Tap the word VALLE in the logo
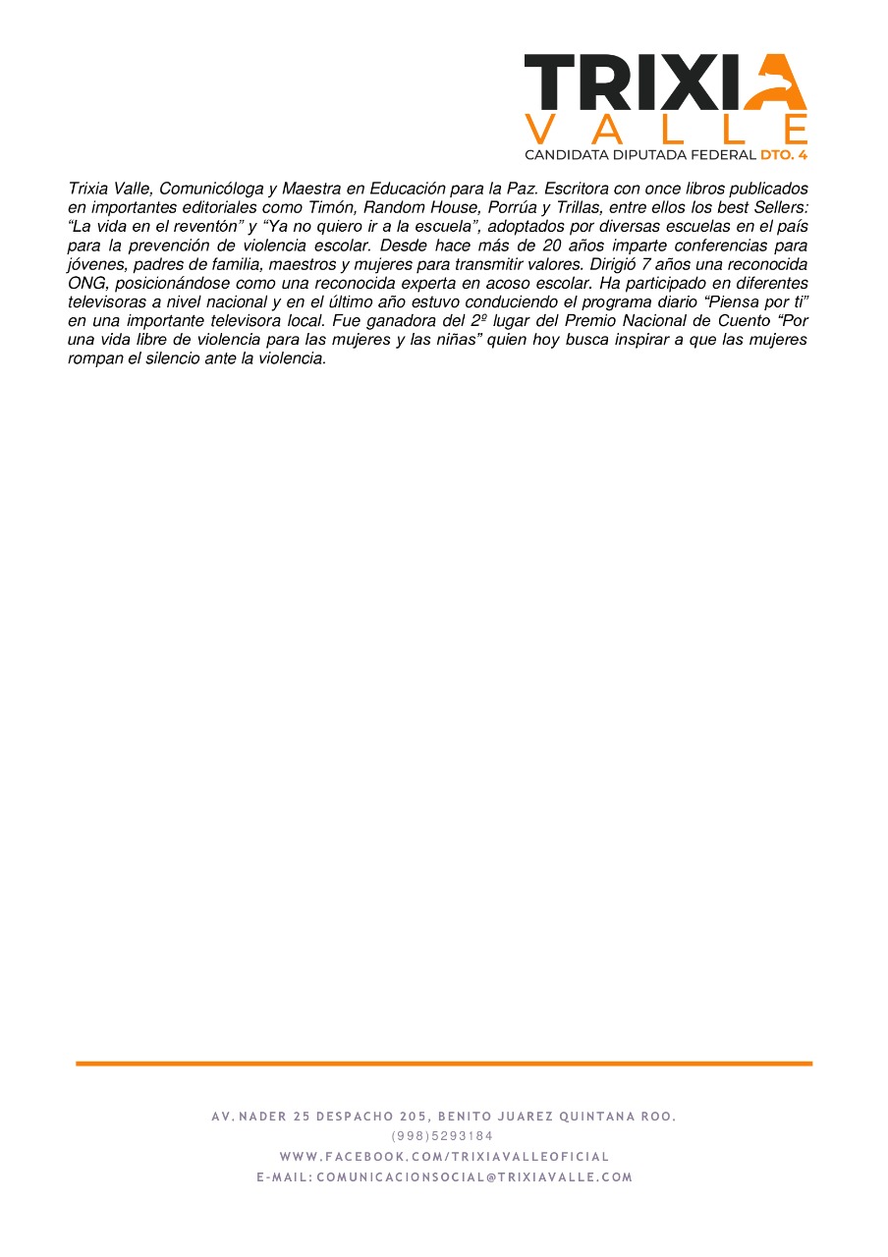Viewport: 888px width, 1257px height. [667, 130]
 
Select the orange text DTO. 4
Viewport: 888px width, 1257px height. [783, 155]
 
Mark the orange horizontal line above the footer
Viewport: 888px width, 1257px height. [444, 1064]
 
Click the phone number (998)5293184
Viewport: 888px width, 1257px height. [443, 1136]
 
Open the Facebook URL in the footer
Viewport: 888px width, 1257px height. [444, 1157]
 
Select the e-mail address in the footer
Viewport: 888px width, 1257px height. [474, 1177]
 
